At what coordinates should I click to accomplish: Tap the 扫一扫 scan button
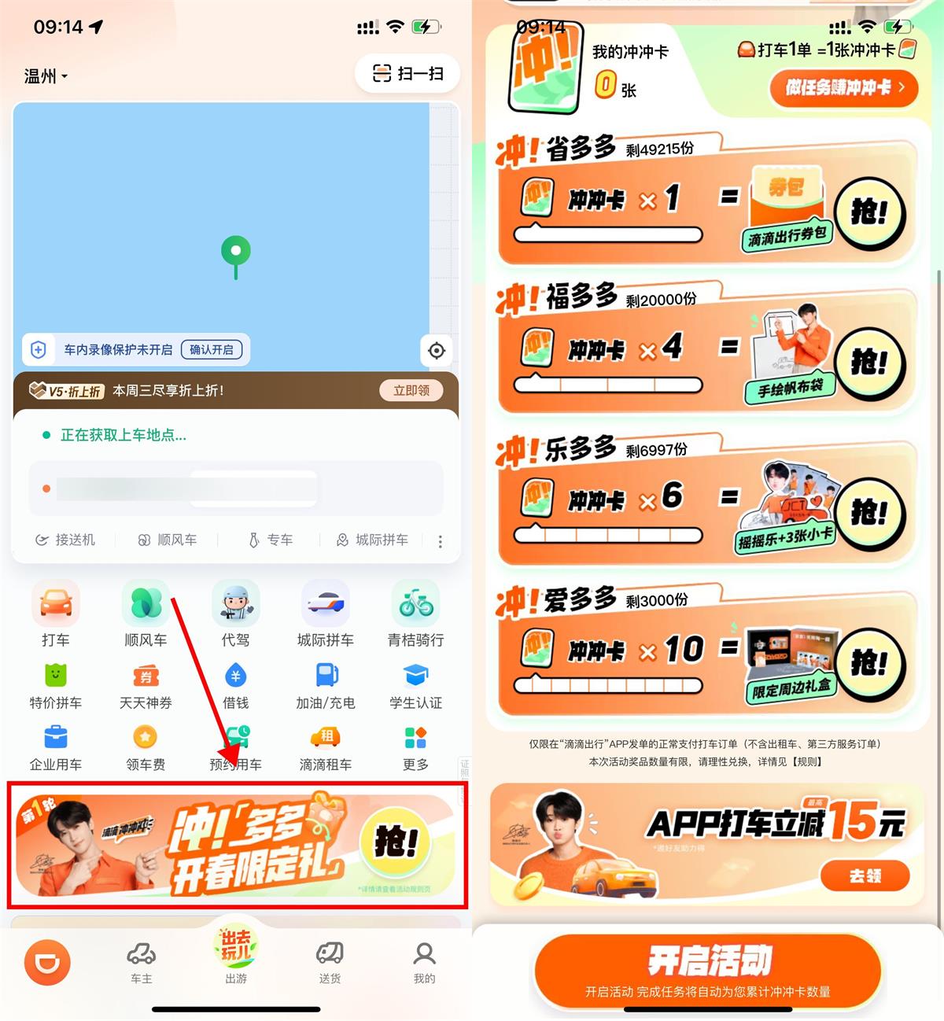(407, 74)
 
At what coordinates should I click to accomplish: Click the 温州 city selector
(46, 76)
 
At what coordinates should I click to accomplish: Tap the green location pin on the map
(235, 252)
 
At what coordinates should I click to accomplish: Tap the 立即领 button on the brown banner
(411, 390)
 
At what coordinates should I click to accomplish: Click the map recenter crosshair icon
(437, 351)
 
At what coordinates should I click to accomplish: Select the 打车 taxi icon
(55, 604)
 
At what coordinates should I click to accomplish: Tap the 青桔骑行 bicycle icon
(415, 604)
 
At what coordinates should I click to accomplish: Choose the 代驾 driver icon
(235, 604)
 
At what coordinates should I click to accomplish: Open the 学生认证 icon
(415, 676)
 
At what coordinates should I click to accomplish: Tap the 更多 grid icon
(415, 739)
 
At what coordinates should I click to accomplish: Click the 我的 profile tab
(424, 961)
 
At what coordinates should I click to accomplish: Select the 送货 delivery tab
(330, 961)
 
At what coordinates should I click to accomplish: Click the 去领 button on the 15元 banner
(865, 875)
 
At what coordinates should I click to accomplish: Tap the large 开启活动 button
(708, 970)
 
